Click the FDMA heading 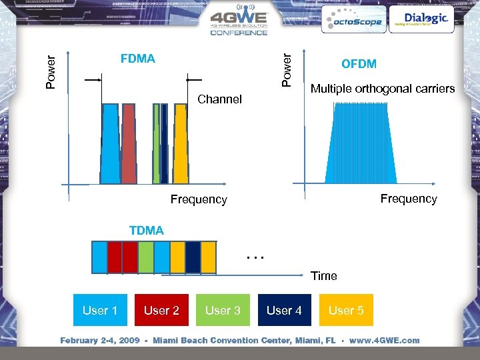pyautogui.click(x=138, y=59)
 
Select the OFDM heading pyautogui.click(x=359, y=64)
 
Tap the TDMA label pyautogui.click(x=146, y=231)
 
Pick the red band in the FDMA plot pyautogui.click(x=129, y=143)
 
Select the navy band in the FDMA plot pyautogui.click(x=164, y=143)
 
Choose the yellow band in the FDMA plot pyautogui.click(x=180, y=143)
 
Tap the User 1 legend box pyautogui.click(x=100, y=310)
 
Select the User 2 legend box pyautogui.click(x=161, y=310)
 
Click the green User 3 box pyautogui.click(x=223, y=310)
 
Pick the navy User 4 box pyautogui.click(x=284, y=310)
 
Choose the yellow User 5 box pyautogui.click(x=346, y=310)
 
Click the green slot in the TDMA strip pyautogui.click(x=146, y=257)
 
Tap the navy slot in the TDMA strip pyautogui.click(x=193, y=257)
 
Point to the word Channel pyautogui.click(x=220, y=99)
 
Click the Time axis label pyautogui.click(x=323, y=276)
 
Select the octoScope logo pyautogui.click(x=352, y=21)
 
